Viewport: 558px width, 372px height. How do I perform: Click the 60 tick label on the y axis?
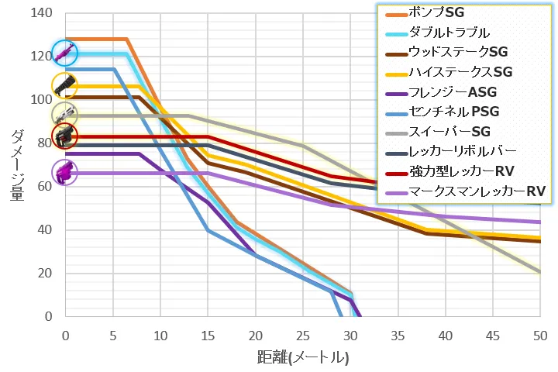(46, 186)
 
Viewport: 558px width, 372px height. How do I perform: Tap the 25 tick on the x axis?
(303, 336)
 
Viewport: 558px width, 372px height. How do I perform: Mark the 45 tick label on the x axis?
(493, 336)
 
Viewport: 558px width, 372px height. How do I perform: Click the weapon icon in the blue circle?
(65, 53)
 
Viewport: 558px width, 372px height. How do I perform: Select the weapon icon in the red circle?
(64, 136)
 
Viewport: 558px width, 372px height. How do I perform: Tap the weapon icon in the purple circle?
(64, 171)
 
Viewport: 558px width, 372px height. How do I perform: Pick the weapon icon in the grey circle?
(64, 114)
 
